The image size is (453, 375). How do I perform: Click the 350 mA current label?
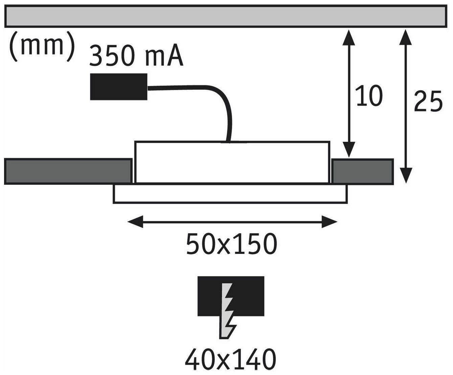tap(136, 56)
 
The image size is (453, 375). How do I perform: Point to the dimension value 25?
tap(428, 101)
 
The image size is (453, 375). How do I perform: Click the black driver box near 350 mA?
tap(119, 87)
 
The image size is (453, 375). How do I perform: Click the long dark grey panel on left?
tap(68, 171)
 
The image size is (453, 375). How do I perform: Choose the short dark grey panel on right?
tap(362, 171)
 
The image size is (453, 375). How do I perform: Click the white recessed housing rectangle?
tap(232, 162)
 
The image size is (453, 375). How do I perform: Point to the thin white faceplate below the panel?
tap(230, 194)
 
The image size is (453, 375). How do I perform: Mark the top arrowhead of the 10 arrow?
tap(348, 37)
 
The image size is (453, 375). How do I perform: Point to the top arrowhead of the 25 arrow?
tap(406, 37)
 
